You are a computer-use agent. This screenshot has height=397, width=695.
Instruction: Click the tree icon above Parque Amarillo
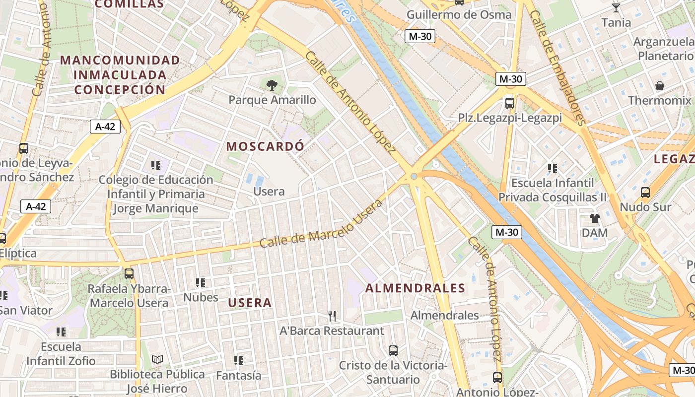point(272,85)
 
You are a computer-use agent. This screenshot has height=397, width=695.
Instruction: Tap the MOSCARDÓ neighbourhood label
point(265,146)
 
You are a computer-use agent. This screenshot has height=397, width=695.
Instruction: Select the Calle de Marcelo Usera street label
point(322,225)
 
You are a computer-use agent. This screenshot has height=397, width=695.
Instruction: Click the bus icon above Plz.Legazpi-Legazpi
point(510,103)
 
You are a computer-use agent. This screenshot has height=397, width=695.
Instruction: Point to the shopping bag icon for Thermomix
point(660,86)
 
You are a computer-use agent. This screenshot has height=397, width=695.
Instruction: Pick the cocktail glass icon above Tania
point(616,7)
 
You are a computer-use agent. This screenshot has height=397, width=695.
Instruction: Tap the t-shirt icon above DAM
point(594,218)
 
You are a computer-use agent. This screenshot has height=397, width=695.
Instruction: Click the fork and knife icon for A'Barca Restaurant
point(332,316)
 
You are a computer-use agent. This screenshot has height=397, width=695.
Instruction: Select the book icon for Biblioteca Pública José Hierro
point(157,359)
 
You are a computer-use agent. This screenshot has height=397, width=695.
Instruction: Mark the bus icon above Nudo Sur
point(645,192)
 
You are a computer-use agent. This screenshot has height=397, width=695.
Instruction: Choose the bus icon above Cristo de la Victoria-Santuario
point(393,351)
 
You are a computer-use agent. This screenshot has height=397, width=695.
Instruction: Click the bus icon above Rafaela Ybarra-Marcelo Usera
point(129,273)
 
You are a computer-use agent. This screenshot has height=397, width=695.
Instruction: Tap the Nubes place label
point(201,297)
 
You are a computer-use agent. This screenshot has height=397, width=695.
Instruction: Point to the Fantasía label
point(238,376)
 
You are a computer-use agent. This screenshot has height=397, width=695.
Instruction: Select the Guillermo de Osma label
point(459,14)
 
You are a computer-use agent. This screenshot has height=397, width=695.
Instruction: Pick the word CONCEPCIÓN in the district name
point(120,90)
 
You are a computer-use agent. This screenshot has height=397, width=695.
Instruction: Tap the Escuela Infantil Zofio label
point(61,353)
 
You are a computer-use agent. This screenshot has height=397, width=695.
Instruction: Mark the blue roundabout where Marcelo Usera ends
point(414,176)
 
